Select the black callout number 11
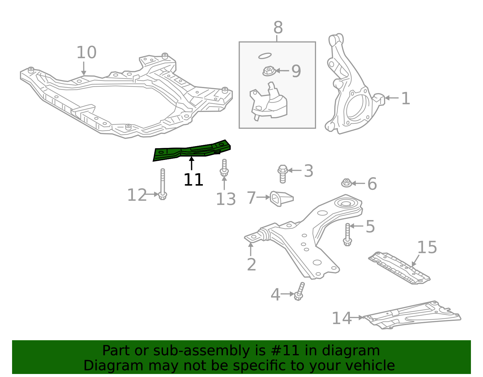pos(193,180)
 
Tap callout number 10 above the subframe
pos(86,53)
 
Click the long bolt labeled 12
pos(163,184)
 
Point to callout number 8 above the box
pos(278,28)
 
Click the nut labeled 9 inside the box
pos(268,71)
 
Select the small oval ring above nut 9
pos(265,56)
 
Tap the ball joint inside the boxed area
pos(269,103)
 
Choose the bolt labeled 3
pos(283,174)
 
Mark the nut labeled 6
pos(346,183)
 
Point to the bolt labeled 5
pos(347,234)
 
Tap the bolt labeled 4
pos(299,292)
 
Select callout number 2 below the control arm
pos(251,265)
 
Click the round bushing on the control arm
pos(345,203)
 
